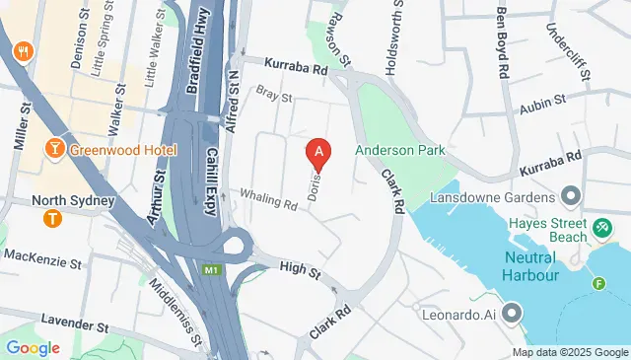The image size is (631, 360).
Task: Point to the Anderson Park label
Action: (x=400, y=150)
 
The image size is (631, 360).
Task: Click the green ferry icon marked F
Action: (x=597, y=285)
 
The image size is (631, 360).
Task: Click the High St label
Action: (x=301, y=267)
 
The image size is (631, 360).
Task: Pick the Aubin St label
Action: (x=543, y=101)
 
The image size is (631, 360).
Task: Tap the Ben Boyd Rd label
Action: (x=502, y=43)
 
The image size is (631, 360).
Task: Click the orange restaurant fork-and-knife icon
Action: (x=20, y=49)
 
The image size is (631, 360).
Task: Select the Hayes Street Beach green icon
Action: (x=602, y=229)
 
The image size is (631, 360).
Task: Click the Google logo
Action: (x=32, y=348)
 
